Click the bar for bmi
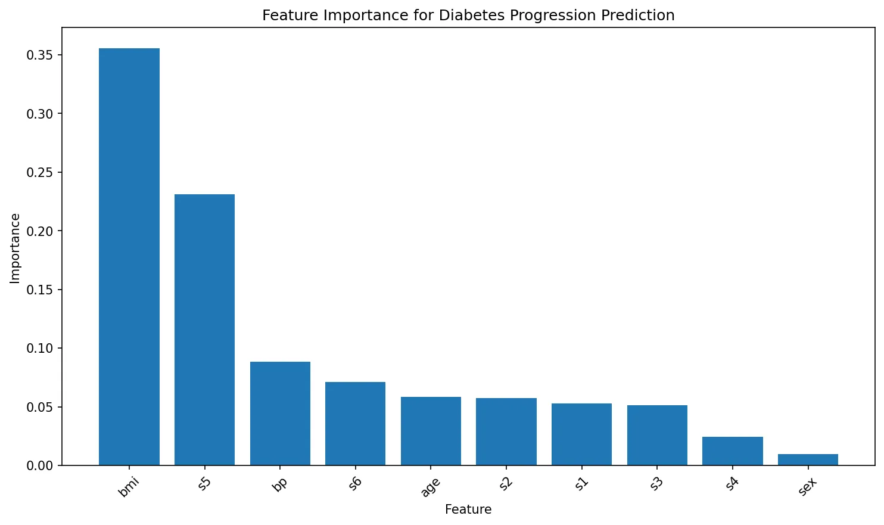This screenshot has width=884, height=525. coord(129,256)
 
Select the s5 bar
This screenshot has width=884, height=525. coord(204,330)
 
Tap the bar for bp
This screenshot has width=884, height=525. coord(280,413)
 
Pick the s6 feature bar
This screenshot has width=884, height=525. coord(355,423)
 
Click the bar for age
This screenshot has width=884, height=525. coord(431,431)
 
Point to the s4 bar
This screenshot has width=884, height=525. coord(732,451)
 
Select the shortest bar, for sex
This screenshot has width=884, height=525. coord(808,459)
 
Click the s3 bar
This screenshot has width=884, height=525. coord(657,435)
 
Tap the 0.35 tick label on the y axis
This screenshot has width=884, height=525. coord(39,55)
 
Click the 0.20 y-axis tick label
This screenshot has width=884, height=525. coord(39,231)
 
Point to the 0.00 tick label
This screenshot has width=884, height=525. coord(39,465)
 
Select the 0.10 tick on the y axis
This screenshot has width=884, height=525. coord(39,349)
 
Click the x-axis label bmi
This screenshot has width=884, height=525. coord(129,487)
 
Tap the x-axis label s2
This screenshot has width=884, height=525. coord(506,483)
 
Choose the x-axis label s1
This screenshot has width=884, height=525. coord(581,483)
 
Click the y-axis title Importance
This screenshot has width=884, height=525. coord(15,248)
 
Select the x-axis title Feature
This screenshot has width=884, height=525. coord(468,510)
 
